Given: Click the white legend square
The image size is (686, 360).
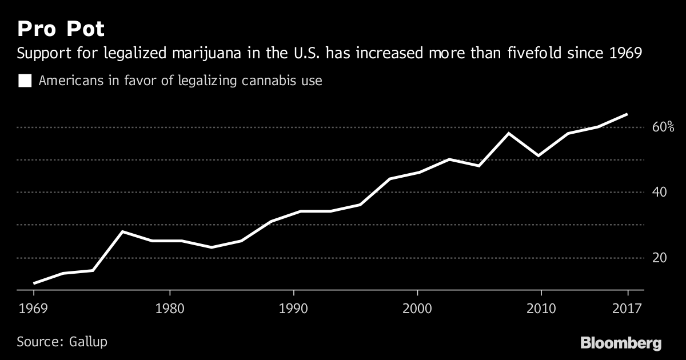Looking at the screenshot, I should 25,81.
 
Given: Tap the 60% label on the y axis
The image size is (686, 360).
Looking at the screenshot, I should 663,127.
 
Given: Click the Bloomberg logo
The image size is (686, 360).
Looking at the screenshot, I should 621,343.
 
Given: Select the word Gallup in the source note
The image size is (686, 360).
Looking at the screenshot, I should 89,342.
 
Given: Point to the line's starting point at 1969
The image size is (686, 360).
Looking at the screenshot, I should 34,283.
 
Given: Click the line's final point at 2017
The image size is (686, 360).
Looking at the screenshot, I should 628,114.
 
